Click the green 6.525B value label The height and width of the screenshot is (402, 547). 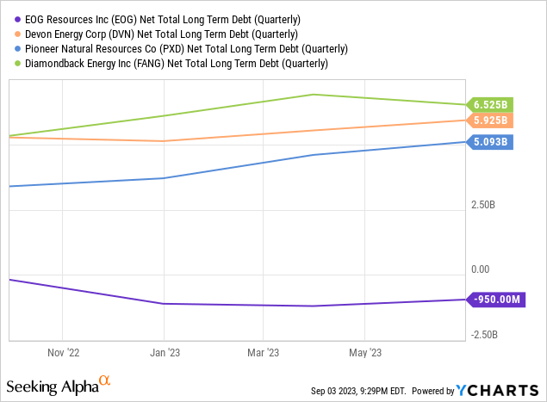[x=489, y=104]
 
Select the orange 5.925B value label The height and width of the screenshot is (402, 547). [x=489, y=121]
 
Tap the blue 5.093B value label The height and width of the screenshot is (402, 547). [x=489, y=141]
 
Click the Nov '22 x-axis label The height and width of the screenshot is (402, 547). [x=64, y=352]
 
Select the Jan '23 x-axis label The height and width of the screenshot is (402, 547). [x=164, y=352]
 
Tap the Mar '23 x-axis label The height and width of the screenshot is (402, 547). [x=264, y=352]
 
